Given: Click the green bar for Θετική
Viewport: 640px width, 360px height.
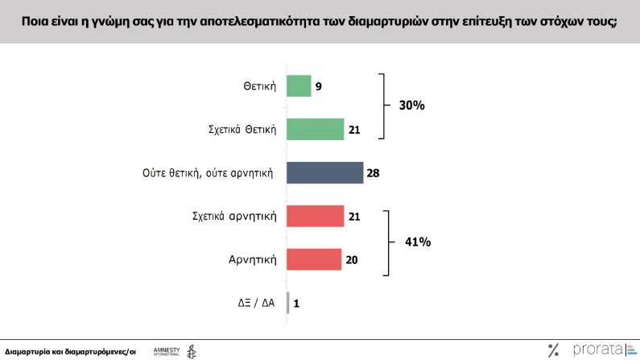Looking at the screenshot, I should (299, 85).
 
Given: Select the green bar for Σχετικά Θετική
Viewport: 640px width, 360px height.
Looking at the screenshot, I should (315, 129).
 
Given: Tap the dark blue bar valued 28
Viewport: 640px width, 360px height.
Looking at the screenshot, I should (324, 172).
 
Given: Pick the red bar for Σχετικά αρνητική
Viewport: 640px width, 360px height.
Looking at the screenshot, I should (315, 216).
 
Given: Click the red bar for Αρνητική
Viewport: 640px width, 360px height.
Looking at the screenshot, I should (314, 259).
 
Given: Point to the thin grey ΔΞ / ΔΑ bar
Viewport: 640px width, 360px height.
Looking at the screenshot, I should (288, 303).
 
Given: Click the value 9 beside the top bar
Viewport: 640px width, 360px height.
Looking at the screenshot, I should (319, 86).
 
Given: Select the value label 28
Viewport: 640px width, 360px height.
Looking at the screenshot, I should (373, 173).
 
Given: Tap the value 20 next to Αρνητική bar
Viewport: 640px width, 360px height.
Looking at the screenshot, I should (352, 260).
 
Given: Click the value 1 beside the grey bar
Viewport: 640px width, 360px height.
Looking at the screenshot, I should (296, 304).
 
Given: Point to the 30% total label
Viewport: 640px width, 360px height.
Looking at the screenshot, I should (411, 106).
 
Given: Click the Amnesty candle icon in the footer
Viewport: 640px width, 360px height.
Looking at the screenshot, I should (191, 351).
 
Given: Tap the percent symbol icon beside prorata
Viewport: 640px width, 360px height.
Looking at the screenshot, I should (553, 350).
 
